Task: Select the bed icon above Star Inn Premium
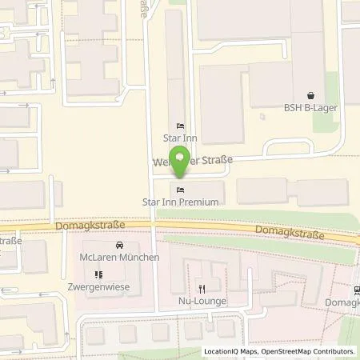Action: [180, 189]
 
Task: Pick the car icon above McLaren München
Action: [119, 245]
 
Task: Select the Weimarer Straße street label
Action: [196, 162]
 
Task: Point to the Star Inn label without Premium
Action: [180, 138]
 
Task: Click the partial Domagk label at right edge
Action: [343, 302]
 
